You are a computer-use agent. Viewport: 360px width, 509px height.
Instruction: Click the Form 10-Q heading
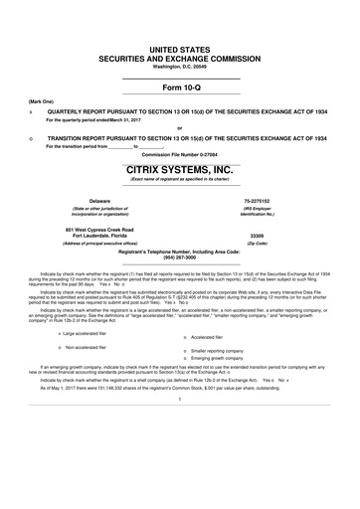tap(180, 85)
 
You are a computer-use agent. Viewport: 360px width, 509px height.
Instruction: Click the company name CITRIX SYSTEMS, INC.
tap(180, 170)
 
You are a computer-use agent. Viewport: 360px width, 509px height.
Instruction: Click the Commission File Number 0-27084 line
tap(180, 156)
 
